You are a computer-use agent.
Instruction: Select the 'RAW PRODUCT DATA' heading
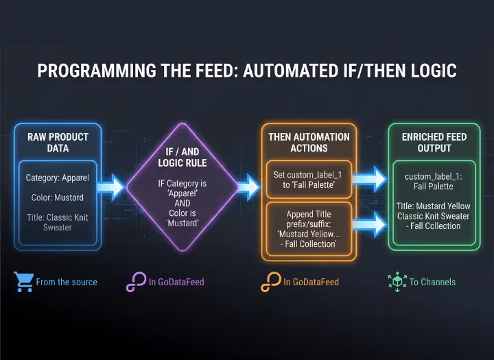(58, 142)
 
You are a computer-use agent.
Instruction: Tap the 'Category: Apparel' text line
(58, 178)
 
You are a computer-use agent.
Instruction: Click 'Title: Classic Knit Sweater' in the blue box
(58, 222)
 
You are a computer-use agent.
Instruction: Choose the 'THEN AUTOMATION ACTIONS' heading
(309, 142)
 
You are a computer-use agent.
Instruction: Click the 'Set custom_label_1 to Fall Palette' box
(308, 180)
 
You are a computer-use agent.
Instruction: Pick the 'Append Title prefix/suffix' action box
(308, 229)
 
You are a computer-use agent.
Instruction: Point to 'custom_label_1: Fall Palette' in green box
(433, 181)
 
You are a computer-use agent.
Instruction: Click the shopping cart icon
(23, 281)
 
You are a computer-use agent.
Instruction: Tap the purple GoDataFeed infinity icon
(135, 282)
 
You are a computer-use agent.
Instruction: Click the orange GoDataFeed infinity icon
(270, 282)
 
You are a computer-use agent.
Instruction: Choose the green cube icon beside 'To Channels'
(397, 281)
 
